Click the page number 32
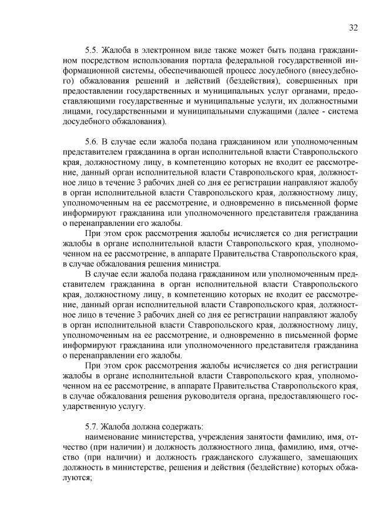pyautogui.click(x=353, y=27)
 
